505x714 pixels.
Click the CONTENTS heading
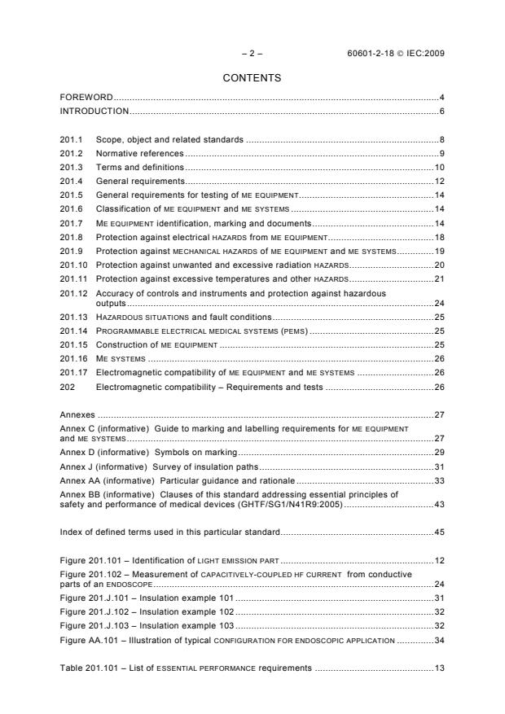252,78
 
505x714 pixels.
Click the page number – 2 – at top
252,54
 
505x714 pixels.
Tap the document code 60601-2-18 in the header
372,54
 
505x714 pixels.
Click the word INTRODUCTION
94,111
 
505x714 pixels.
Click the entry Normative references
139,153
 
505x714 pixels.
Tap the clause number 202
68,388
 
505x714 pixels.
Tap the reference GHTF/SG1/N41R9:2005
298,505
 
